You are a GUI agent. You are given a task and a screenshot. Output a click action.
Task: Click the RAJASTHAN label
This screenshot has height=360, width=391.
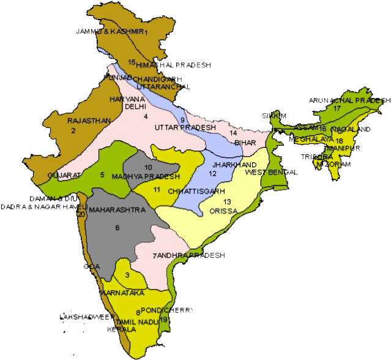click(89, 121)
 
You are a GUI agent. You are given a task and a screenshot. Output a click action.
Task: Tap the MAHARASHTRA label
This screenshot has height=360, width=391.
click(117, 210)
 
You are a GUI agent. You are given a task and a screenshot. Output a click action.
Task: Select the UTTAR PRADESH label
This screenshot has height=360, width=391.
click(185, 127)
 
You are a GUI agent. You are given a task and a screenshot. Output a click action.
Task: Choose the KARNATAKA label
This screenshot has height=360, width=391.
click(127, 293)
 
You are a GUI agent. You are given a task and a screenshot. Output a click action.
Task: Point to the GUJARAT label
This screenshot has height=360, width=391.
click(64, 176)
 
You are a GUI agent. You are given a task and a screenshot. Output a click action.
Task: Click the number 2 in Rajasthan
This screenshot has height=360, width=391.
click(73, 130)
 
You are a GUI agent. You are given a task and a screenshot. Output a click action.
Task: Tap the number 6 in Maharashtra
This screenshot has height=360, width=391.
click(117, 228)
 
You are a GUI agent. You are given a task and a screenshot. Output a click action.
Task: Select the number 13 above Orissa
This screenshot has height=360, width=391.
click(227, 201)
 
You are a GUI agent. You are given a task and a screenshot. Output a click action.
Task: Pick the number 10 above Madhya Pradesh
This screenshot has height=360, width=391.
click(148, 167)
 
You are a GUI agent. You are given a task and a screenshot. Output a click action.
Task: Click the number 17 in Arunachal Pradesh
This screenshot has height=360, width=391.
click(336, 108)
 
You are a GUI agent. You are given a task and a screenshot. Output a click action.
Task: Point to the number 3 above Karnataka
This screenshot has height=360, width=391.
click(127, 276)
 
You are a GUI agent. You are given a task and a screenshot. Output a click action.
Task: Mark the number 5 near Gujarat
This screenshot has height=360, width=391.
click(102, 174)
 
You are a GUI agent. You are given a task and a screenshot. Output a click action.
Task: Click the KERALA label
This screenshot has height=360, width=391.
click(121, 329)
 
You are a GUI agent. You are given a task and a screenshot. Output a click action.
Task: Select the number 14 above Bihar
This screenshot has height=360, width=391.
click(233, 133)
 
